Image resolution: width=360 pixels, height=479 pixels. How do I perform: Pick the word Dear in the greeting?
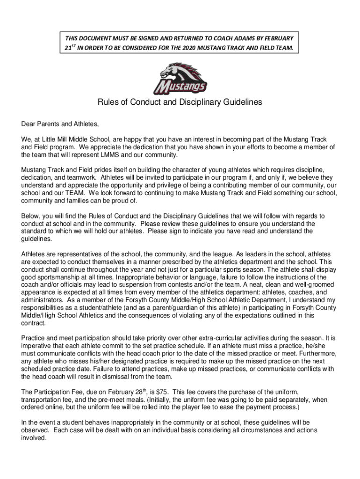(29, 124)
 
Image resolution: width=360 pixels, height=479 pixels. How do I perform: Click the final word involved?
(34, 438)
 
